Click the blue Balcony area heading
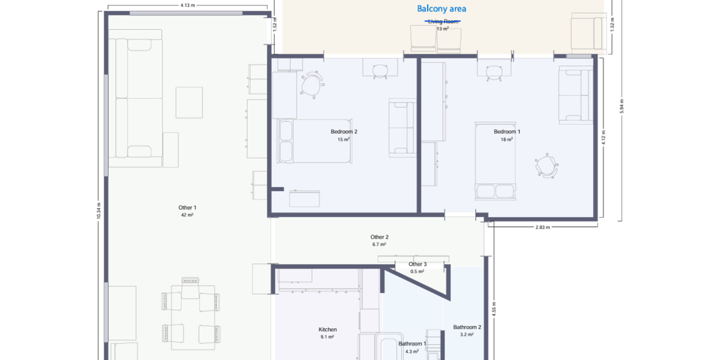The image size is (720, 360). [442, 8]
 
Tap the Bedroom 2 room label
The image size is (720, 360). [344, 131]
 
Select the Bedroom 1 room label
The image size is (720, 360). [507, 131]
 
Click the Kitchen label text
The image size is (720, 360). [327, 329]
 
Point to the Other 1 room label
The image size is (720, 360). [187, 208]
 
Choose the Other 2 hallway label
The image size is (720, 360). [379, 237]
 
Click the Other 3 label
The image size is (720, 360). [417, 264]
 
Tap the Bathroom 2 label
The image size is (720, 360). [467, 328]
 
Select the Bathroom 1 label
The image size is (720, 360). [412, 344]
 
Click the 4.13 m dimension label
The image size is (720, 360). [187, 5]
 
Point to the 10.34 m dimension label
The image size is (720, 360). [99, 210]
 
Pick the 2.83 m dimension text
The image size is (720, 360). [542, 228]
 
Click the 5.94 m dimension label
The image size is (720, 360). [622, 106]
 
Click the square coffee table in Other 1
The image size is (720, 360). [189, 103]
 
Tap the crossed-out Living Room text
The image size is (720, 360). [443, 21]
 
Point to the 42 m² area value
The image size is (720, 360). [187, 215]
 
